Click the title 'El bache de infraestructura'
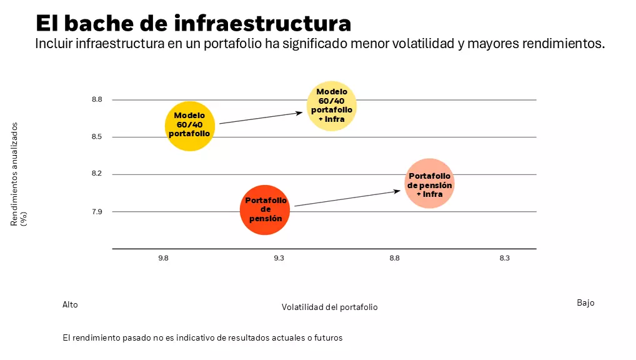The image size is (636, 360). [x=193, y=23]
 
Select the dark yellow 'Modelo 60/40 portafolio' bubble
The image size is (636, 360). [x=190, y=126]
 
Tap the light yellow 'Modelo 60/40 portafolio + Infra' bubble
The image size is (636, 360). [x=332, y=106]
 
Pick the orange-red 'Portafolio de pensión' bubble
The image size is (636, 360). [x=266, y=210]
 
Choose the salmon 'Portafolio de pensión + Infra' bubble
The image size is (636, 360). [x=429, y=184]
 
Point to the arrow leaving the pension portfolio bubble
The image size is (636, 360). [x=347, y=198]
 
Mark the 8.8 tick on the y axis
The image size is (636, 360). [x=97, y=100]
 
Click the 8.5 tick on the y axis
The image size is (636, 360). [x=97, y=137]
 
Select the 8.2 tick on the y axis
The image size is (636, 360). [x=97, y=174]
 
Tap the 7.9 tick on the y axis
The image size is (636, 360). [x=97, y=212]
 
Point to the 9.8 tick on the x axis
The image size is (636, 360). [x=163, y=258]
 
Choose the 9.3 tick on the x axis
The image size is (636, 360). [x=279, y=258]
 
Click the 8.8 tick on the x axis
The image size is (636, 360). [x=394, y=258]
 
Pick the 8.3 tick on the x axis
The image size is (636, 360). [x=505, y=258]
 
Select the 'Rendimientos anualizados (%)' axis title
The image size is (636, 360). [x=18, y=174]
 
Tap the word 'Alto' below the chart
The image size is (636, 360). [x=70, y=304]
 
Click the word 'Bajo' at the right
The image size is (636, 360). [x=585, y=302]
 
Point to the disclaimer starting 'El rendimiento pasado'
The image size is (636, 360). [x=203, y=337]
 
